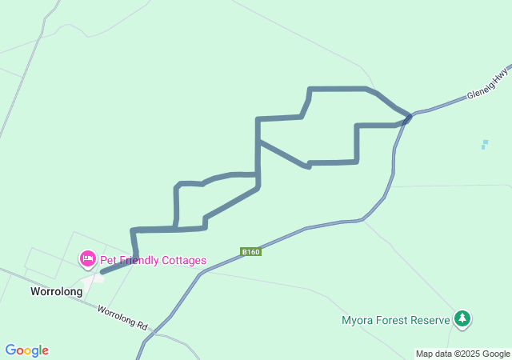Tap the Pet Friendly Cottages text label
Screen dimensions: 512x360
point(153,260)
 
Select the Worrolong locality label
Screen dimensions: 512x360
point(56,292)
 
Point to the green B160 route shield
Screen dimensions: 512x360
point(250,252)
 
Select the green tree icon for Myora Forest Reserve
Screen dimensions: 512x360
point(462,318)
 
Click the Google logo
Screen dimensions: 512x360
point(26,350)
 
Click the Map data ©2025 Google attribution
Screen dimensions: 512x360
point(462,354)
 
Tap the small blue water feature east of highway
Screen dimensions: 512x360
point(484,145)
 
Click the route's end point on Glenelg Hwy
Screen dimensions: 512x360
point(408,118)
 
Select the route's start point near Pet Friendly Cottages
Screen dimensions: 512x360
point(103,273)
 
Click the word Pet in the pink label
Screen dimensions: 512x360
point(109,260)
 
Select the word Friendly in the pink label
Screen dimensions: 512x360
point(138,260)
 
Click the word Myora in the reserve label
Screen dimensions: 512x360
point(357,321)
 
